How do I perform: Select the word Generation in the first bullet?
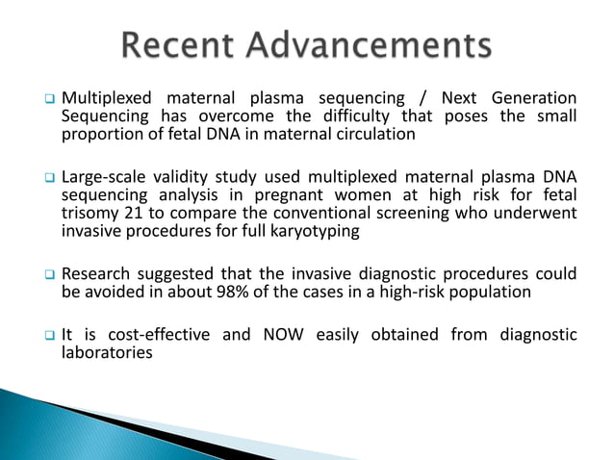point(533,98)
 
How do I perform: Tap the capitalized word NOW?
point(276,335)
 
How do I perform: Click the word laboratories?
point(107,353)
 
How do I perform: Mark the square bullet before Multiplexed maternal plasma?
point(46,99)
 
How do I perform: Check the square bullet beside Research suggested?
point(46,275)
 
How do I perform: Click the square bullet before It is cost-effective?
point(46,336)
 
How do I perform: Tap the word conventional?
point(318,214)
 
